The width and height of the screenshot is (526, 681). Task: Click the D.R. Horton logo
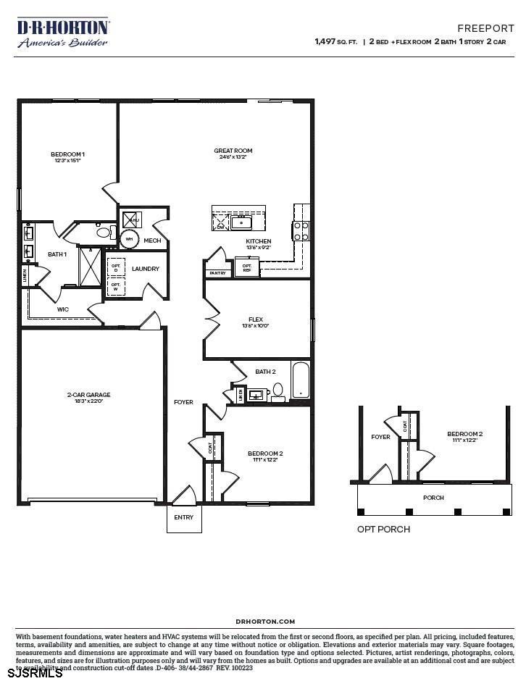(63, 33)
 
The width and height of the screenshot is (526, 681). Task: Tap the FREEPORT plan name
(485, 28)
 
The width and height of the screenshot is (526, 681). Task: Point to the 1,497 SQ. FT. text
(335, 42)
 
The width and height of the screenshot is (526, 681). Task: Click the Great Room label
(233, 151)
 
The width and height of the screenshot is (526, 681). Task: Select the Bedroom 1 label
(67, 154)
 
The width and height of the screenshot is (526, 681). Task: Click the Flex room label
(256, 319)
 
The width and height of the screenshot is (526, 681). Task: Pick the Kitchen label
(259, 241)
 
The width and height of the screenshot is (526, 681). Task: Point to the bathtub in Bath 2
(300, 380)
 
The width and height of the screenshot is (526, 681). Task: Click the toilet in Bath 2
(277, 392)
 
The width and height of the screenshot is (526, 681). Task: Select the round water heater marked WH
(129, 238)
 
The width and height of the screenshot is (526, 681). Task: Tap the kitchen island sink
(241, 222)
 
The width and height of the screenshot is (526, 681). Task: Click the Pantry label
(217, 273)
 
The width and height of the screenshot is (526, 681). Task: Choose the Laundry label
(146, 269)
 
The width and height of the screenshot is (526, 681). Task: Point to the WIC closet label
(63, 310)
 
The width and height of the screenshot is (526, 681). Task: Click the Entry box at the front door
(184, 517)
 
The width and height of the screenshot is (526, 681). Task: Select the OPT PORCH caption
(383, 530)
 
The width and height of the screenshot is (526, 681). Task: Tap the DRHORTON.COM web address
(265, 622)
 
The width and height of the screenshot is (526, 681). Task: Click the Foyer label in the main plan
(183, 402)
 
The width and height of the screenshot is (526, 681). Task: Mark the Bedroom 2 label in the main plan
(265, 454)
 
